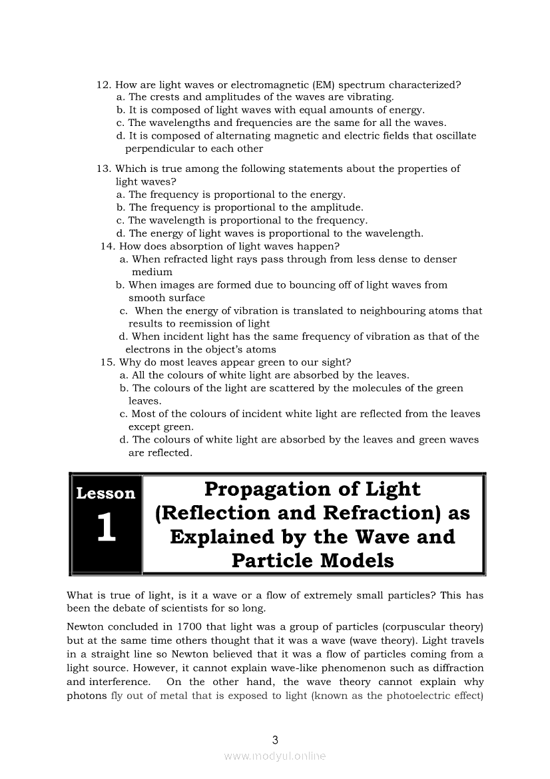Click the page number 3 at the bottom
pos(275,739)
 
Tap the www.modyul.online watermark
pos(275,756)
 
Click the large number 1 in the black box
pos(106,528)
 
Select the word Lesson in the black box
pos(106,494)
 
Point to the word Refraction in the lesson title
pos(370,514)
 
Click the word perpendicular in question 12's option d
pos(159,149)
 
